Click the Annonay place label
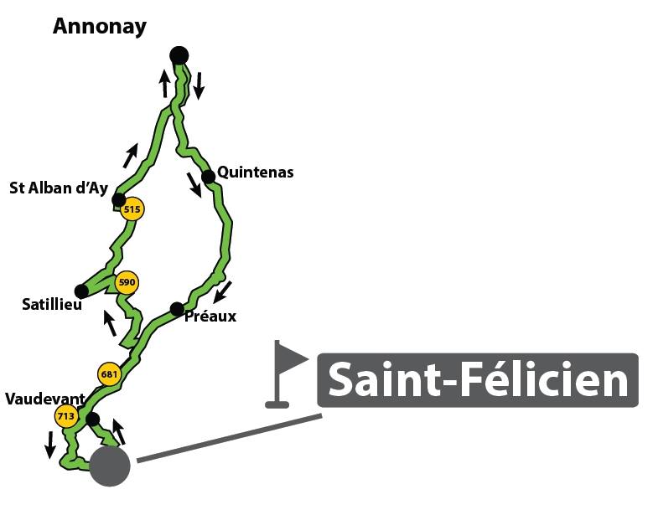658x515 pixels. pyautogui.click(x=100, y=27)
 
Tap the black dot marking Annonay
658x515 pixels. pyautogui.click(x=179, y=55)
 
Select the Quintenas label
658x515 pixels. pyautogui.click(x=255, y=172)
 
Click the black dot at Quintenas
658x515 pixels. pyautogui.click(x=208, y=177)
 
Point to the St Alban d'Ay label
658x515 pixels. pyautogui.click(x=59, y=188)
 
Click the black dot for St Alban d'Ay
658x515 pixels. pyautogui.click(x=119, y=200)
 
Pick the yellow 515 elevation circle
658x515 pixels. pyautogui.click(x=132, y=209)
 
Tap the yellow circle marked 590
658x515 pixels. pyautogui.click(x=127, y=282)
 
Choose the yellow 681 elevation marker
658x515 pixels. pyautogui.click(x=109, y=373)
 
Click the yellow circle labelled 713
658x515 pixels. pyautogui.click(x=66, y=416)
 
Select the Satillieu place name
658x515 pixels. pyautogui.click(x=52, y=304)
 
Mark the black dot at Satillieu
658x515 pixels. pyautogui.click(x=81, y=291)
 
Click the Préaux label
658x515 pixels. pyautogui.click(x=210, y=316)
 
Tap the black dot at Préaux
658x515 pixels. pyautogui.click(x=177, y=309)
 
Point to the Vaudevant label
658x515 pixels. pyautogui.click(x=45, y=399)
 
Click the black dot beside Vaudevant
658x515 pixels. pyautogui.click(x=93, y=419)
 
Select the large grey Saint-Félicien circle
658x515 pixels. pyautogui.click(x=110, y=466)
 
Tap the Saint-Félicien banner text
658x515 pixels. pyautogui.click(x=478, y=380)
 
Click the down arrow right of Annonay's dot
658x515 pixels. pyautogui.click(x=199, y=86)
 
